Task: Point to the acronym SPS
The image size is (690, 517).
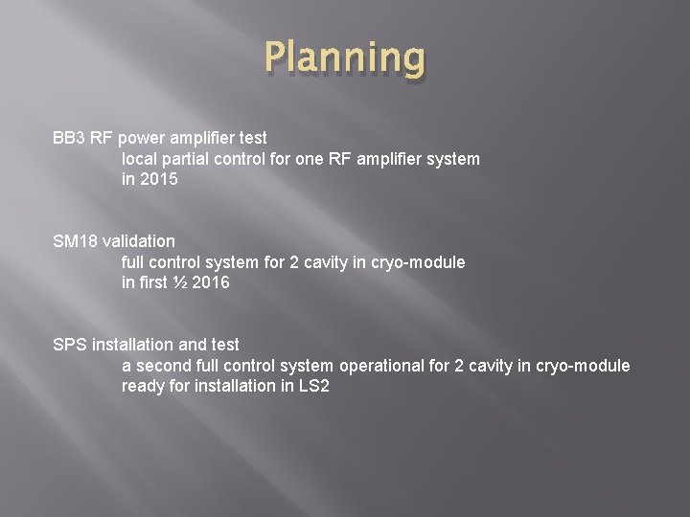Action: pos(70,344)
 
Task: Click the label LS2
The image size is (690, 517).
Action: pos(313,385)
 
